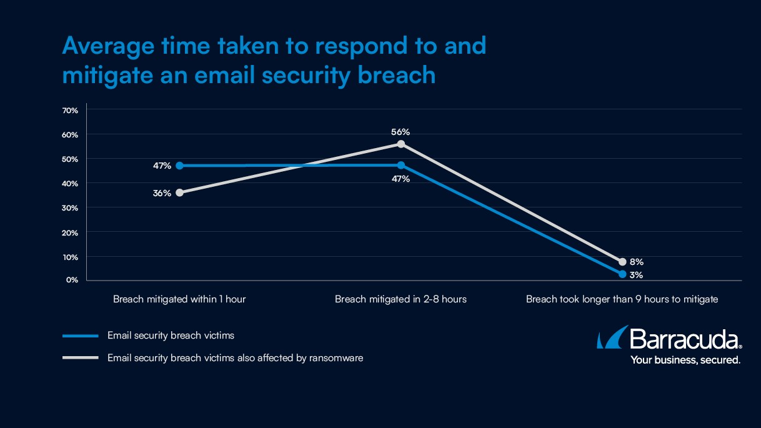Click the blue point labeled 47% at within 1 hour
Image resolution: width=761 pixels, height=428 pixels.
179,166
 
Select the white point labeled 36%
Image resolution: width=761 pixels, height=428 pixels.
179,192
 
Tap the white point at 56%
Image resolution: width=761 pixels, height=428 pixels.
401,144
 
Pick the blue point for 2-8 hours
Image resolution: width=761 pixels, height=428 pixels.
401,166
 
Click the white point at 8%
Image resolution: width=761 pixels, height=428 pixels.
622,262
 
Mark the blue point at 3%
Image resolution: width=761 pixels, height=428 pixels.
622,274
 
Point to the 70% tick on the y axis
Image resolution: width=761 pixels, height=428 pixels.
70,111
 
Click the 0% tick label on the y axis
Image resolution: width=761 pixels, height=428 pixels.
72,280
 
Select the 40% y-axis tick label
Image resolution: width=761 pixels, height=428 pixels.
70,183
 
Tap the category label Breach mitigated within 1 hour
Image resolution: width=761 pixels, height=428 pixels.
179,299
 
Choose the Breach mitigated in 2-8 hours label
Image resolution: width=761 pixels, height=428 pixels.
400,299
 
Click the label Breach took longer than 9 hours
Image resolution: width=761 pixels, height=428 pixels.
622,299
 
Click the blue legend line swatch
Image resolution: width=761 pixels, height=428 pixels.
81,336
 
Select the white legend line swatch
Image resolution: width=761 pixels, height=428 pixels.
81,358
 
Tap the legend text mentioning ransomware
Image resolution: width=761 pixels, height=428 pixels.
235,358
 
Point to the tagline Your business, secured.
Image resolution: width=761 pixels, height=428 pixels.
685,360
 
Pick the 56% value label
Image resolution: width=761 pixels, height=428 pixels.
400,132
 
